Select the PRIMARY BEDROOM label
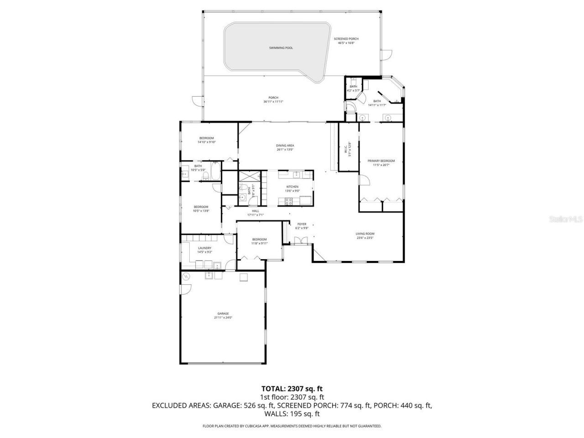pyautogui.click(x=381, y=161)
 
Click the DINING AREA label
pyautogui.click(x=285, y=146)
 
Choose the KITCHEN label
pyautogui.click(x=292, y=187)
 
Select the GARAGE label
pyautogui.click(x=223, y=313)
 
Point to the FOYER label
pyautogui.click(x=302, y=224)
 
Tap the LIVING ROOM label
pyautogui.click(x=365, y=234)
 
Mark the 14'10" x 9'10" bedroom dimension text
pyautogui.click(x=206, y=142)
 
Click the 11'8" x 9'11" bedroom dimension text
pyautogui.click(x=260, y=243)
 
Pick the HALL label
pyautogui.click(x=255, y=211)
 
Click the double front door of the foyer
pyautogui.click(x=301, y=242)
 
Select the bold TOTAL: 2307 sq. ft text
pyautogui.click(x=292, y=389)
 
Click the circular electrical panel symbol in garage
pyautogui.click(x=186, y=276)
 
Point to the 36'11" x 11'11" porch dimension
pyautogui.click(x=273, y=101)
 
